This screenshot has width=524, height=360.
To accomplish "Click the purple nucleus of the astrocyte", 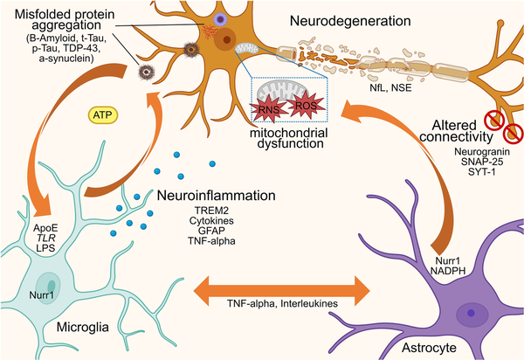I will [x=472, y=308].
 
